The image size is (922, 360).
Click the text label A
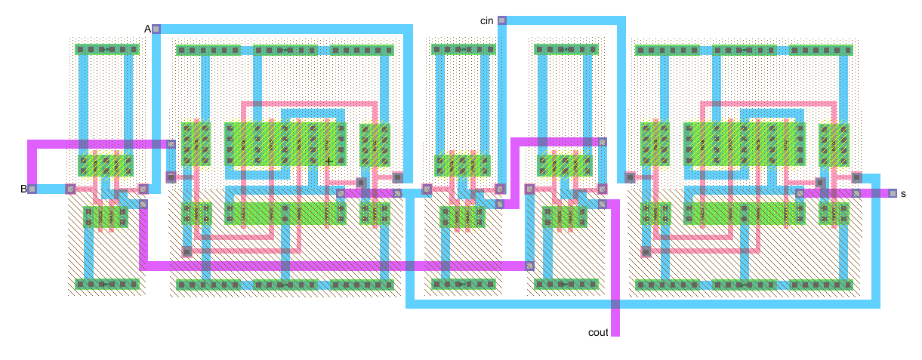(x=148, y=29)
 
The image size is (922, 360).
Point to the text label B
(x=23, y=189)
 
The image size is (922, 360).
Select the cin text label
(x=487, y=20)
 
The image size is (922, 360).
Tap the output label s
(x=903, y=194)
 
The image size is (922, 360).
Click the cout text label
(x=598, y=332)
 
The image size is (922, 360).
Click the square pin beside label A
(x=156, y=29)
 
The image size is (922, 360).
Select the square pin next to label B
(x=32, y=189)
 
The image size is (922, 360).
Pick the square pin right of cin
(x=501, y=20)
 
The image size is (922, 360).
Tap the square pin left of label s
(x=892, y=193)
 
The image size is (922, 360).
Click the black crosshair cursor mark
(x=328, y=161)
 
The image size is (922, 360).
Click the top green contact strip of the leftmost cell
(x=107, y=49)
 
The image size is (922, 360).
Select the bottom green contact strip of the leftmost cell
(x=107, y=284)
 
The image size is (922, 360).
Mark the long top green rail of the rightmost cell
(x=744, y=51)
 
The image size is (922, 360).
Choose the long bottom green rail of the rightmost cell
(x=744, y=285)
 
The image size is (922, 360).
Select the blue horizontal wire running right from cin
(x=563, y=20)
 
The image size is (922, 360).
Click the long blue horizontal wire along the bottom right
(x=642, y=304)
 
